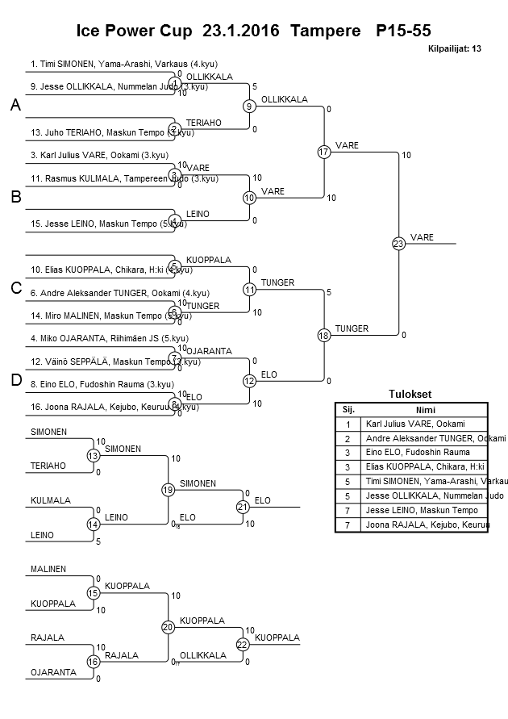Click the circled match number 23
(398, 243)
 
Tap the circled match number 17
(324, 152)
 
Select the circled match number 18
(324, 335)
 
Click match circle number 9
(250, 106)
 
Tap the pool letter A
(15, 106)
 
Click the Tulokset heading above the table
(410, 395)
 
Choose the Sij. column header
(348, 409)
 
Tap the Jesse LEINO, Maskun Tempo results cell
(421, 510)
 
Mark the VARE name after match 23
(422, 237)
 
